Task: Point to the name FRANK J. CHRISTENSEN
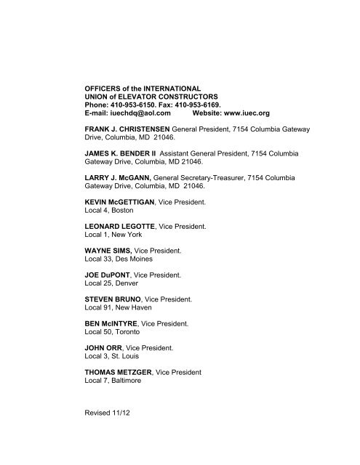tap(129, 130)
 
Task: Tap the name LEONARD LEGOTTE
tap(121, 227)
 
